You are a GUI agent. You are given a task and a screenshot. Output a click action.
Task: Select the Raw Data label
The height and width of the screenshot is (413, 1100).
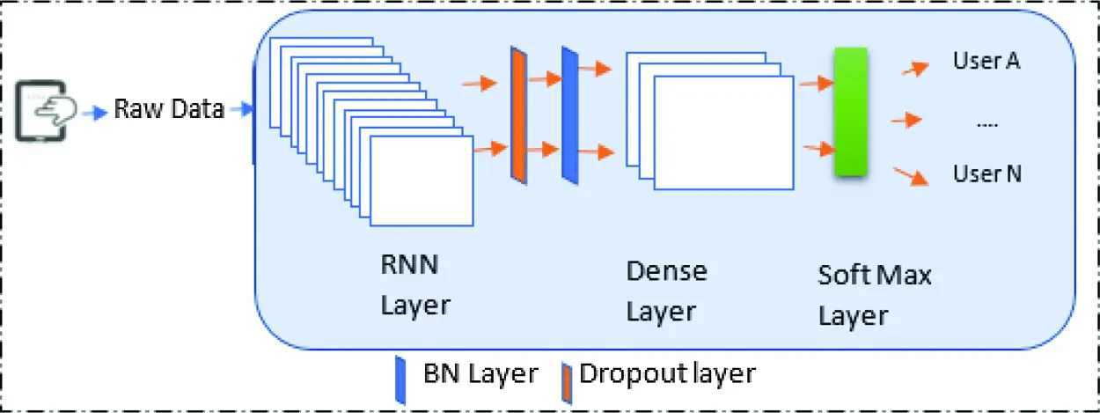[x=169, y=111]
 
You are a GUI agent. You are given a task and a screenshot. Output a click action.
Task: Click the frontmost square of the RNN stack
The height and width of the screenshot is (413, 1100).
[x=422, y=181]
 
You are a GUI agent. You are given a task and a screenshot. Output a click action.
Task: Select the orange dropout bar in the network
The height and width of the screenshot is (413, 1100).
[x=518, y=115]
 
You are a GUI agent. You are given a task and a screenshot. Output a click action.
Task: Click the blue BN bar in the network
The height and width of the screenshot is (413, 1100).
[x=569, y=115]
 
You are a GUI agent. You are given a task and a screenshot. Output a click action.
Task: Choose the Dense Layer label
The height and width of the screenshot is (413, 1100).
[x=666, y=291]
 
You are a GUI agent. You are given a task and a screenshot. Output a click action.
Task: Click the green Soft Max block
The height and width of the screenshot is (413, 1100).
[x=850, y=113]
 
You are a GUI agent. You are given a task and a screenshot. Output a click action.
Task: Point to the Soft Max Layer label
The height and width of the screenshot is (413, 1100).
[x=874, y=295]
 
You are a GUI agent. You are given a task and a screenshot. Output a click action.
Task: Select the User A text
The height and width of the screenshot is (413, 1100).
[x=986, y=62]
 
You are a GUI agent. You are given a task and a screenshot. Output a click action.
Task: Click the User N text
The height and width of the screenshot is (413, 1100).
[x=987, y=173]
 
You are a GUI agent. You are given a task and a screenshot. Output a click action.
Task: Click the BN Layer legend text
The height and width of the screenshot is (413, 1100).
[x=480, y=373]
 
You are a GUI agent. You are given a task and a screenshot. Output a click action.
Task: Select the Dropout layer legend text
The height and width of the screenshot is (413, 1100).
[x=666, y=373]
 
